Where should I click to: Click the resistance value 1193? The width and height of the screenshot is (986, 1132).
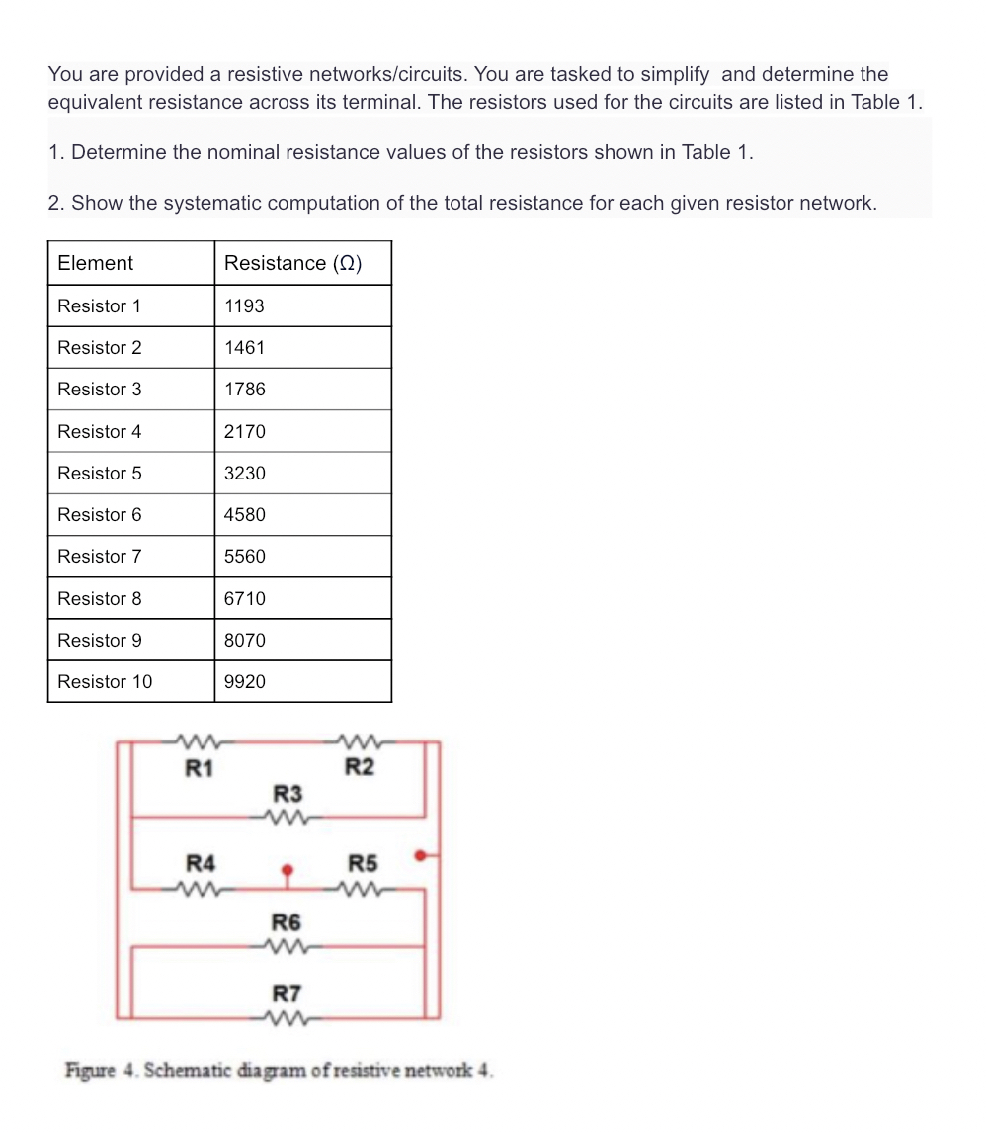pos(244,306)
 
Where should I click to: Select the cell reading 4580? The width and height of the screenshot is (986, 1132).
pos(244,515)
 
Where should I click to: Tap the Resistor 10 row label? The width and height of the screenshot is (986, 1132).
pos(105,682)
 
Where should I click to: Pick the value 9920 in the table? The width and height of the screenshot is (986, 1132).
pos(244,682)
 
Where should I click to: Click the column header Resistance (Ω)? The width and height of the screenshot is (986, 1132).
pos(292,263)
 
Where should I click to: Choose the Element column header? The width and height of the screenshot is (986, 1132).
pos(95,263)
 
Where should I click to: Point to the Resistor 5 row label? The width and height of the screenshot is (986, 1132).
pos(99,474)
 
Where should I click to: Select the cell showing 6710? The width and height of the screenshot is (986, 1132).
pos(244,599)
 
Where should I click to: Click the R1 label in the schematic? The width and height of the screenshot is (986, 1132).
pos(200,767)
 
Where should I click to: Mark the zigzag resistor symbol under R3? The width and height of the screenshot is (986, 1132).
pos(288,817)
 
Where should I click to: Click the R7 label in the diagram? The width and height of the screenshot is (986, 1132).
pos(287,993)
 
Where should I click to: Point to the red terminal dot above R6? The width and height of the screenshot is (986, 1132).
pos(287,871)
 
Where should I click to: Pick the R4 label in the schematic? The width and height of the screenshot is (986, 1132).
pos(201,863)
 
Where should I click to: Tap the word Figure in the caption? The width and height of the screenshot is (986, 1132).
pos(88,1070)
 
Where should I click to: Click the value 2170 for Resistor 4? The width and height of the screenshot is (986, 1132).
pos(244,432)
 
